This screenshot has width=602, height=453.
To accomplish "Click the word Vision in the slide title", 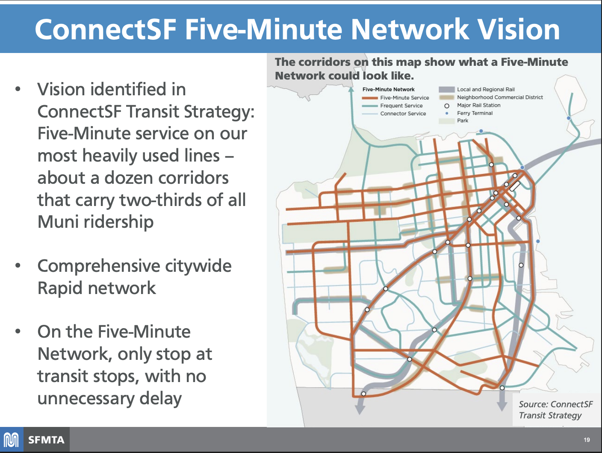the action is [x=518, y=29].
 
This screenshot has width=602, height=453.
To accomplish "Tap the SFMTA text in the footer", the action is [x=46, y=440].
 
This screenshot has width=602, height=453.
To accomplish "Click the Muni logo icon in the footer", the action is [x=12, y=440].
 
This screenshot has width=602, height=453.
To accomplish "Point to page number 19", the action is [x=587, y=440].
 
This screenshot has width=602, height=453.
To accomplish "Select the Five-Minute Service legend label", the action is [x=404, y=98].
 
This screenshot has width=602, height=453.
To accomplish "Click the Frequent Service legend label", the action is [x=401, y=106].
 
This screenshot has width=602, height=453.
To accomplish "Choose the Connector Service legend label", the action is [x=403, y=114].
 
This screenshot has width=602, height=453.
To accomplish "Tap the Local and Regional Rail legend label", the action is [x=486, y=89].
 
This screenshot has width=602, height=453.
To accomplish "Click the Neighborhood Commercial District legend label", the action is [x=500, y=97].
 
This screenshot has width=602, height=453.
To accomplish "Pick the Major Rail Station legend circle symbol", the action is [x=447, y=106].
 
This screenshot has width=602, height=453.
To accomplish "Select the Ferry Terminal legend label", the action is [x=475, y=113].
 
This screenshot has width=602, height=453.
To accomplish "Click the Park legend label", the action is [x=463, y=121].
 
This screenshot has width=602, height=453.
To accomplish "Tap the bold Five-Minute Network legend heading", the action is [x=388, y=89].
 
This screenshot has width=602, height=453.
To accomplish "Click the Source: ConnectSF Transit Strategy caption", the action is [x=555, y=409].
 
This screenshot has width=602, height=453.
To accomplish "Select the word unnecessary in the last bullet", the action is [x=86, y=398].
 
